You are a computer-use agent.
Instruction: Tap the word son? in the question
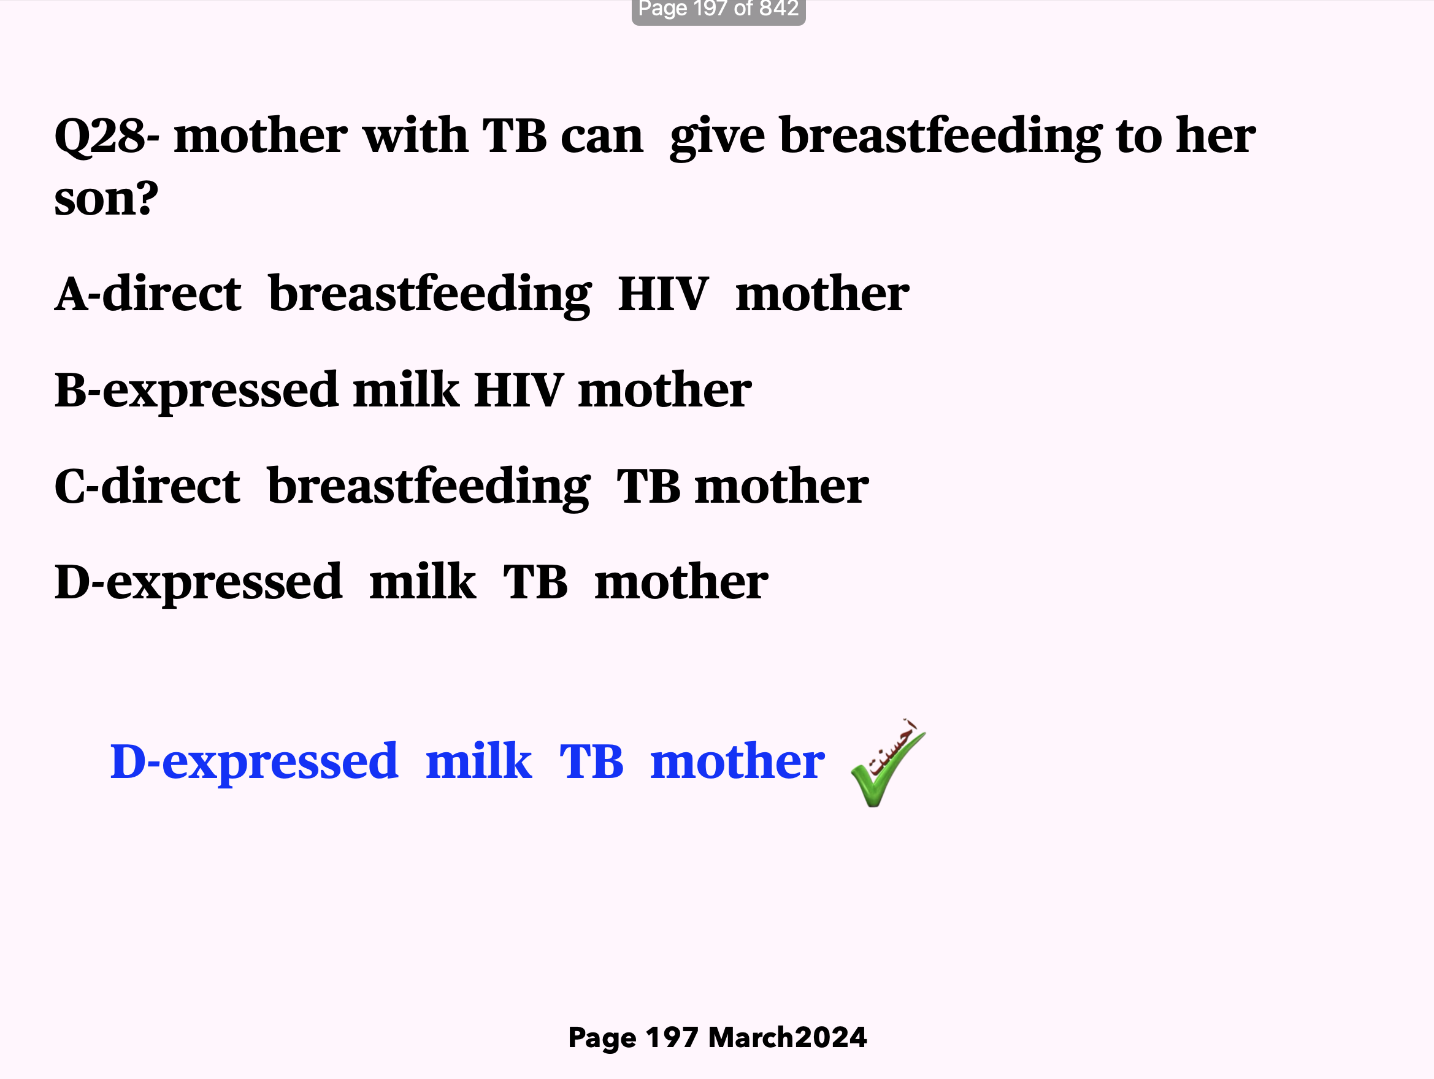106,198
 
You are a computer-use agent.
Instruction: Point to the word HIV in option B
519,391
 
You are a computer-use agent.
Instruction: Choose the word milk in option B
406,389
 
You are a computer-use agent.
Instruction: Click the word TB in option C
648,487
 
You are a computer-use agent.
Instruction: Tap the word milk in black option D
423,582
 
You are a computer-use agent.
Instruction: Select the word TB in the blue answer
591,761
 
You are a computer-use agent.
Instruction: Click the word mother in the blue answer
737,761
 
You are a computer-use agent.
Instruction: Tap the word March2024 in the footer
788,1037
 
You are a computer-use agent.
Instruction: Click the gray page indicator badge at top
718,11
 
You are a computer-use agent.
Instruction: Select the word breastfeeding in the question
941,137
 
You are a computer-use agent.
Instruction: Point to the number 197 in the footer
672,1037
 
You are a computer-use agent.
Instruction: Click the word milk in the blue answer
479,761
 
